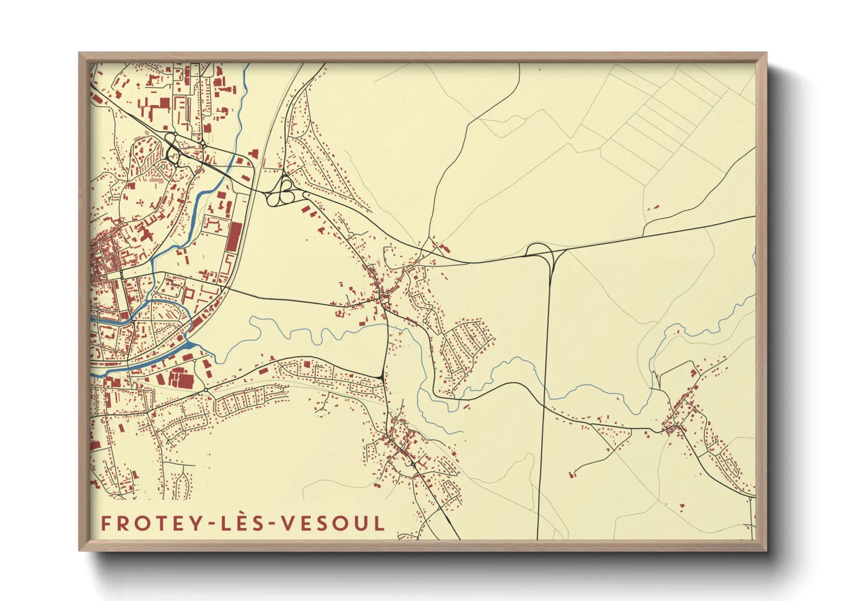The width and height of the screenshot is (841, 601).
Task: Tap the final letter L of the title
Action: [x=380, y=523]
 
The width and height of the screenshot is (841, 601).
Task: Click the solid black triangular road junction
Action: [x=379, y=377]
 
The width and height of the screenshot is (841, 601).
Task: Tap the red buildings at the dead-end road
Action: [x=573, y=473]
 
